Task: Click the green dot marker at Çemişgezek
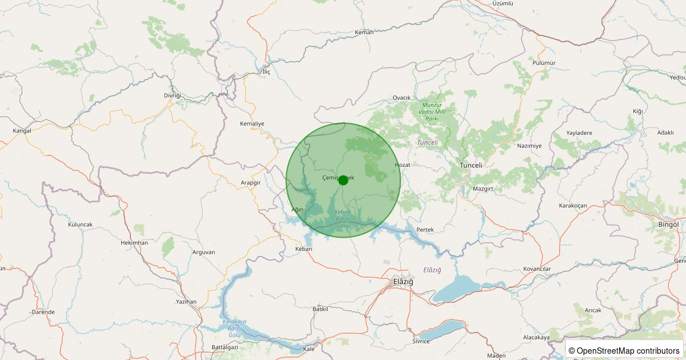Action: click(343, 180)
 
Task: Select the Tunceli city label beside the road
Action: click(472, 165)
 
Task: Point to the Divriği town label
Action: click(172, 95)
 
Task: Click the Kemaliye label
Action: click(252, 123)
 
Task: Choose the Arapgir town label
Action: click(251, 182)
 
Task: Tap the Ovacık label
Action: click(402, 98)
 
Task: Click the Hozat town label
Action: click(402, 165)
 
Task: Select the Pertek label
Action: click(425, 229)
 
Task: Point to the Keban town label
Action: click(304, 249)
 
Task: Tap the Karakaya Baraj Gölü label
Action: click(234, 329)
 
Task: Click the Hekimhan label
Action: click(134, 243)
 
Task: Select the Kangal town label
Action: click(22, 131)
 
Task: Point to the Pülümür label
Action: click(544, 63)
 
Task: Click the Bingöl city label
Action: click(668, 225)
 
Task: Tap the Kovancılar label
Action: click(537, 269)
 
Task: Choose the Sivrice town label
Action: click(421, 341)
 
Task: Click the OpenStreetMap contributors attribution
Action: click(624, 351)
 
